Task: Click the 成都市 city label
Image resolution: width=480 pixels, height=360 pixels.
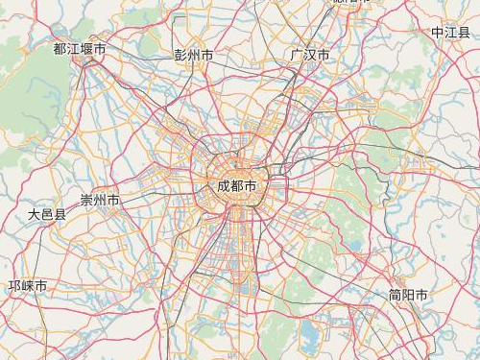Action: [237, 185]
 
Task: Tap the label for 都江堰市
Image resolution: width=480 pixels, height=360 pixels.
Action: [80, 48]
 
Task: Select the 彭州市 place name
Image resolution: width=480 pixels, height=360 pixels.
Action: [194, 56]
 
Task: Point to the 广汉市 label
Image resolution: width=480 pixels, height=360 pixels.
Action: [310, 56]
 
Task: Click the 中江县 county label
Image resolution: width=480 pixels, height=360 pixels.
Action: [450, 33]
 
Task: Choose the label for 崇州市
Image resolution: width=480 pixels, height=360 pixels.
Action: [100, 201]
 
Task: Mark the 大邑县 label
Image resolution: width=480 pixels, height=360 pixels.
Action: [47, 215]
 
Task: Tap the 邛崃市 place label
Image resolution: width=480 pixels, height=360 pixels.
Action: [28, 286]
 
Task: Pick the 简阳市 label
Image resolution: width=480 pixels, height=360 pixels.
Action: [408, 295]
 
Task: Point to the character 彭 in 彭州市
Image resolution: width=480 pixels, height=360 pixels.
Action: [180, 56]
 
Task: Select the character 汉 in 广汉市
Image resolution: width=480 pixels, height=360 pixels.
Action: [310, 56]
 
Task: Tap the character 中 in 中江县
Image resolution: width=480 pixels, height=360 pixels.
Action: [437, 33]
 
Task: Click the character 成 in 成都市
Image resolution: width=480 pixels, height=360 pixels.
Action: [224, 185]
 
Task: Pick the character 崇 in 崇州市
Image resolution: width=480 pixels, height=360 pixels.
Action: [86, 201]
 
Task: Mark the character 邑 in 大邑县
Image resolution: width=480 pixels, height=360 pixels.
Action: [47, 215]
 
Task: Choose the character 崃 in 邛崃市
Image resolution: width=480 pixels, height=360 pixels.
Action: [28, 286]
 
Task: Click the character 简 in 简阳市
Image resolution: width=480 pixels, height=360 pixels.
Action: [395, 295]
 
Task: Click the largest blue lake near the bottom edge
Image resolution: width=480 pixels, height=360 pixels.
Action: [309, 335]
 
